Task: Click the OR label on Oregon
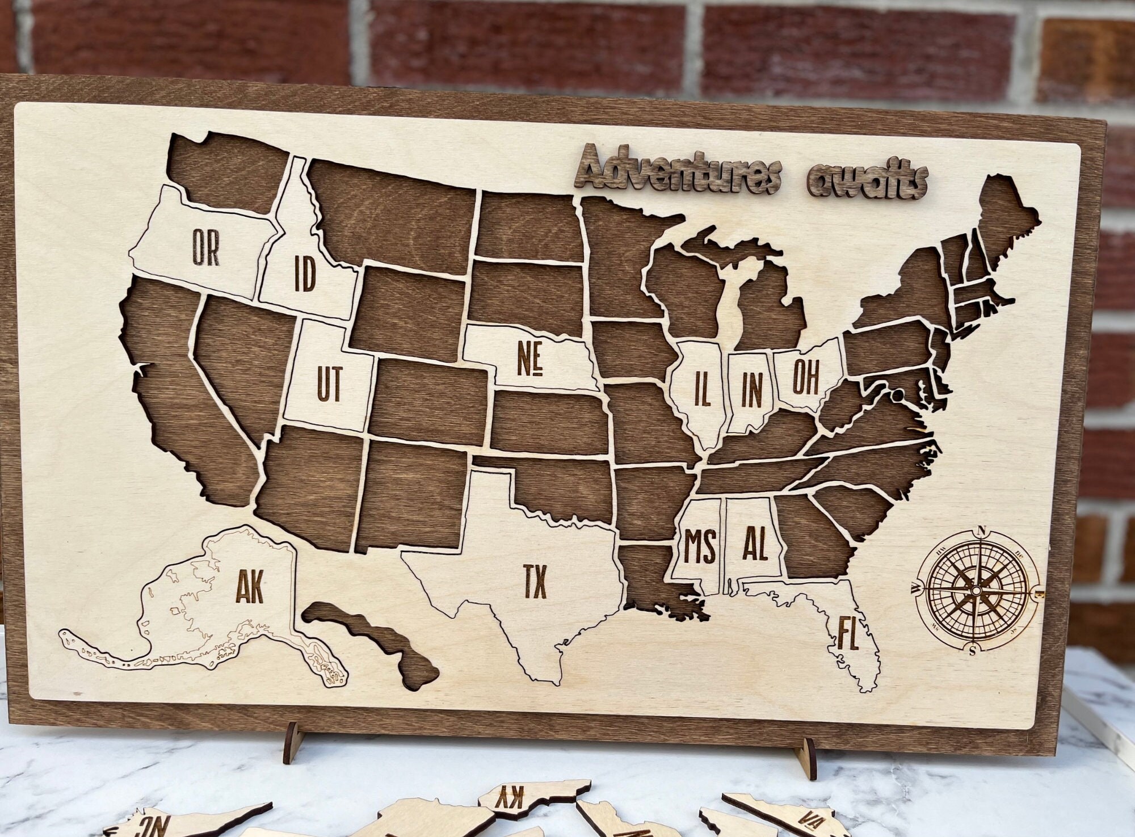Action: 205,247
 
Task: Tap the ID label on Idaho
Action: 305,274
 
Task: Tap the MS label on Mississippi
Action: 700,546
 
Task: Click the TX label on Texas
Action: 535,581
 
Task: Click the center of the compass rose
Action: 976,591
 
